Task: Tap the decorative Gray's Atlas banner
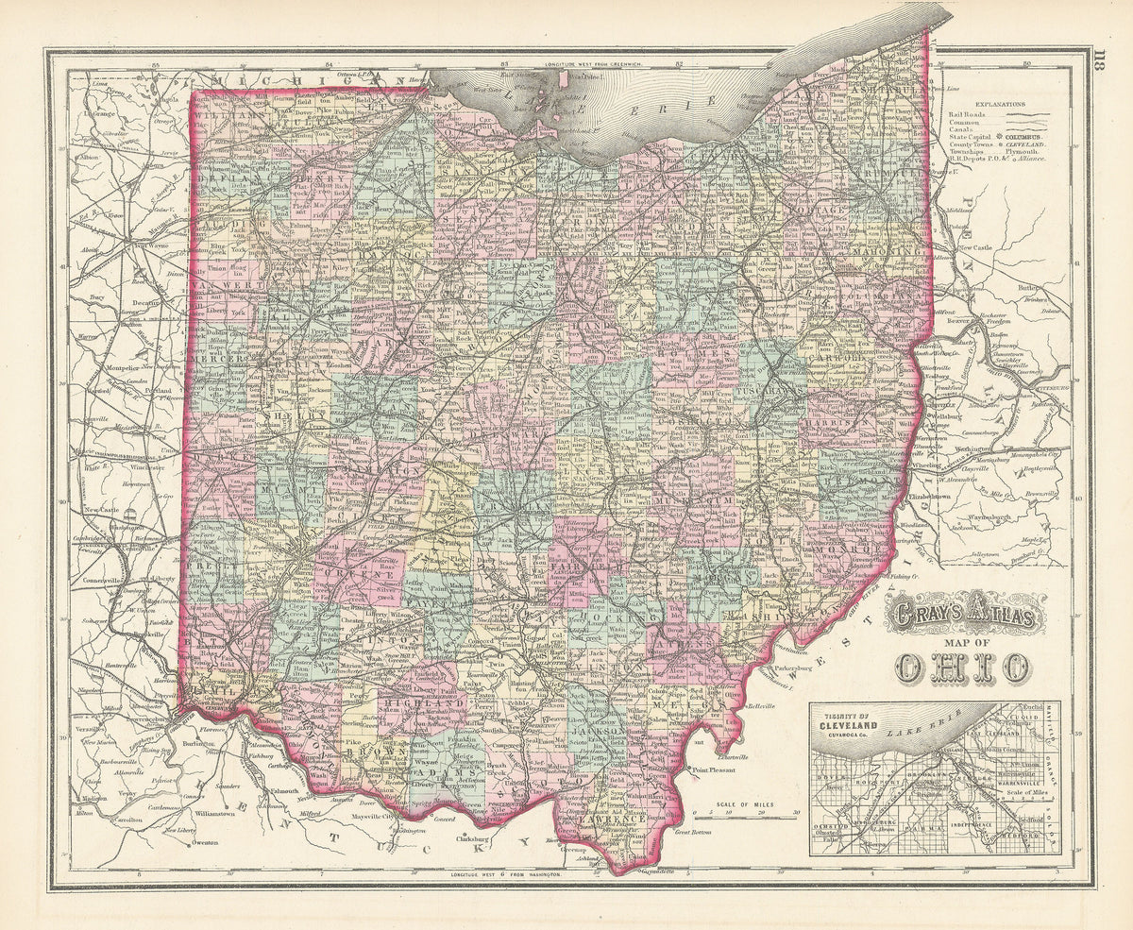click(x=963, y=618)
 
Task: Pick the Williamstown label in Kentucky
click(x=220, y=812)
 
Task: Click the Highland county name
click(x=435, y=703)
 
